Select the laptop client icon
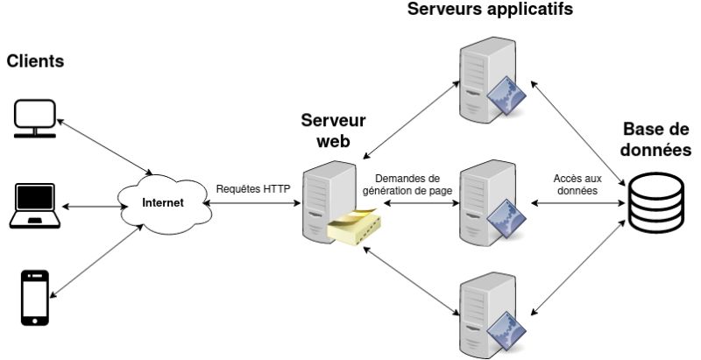pos(34,207)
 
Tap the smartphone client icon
pos(35,298)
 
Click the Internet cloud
pos(164,203)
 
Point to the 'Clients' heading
pos(36,62)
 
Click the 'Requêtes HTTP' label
pos(253,187)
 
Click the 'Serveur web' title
pos(333,131)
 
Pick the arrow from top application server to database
pos(578,131)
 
